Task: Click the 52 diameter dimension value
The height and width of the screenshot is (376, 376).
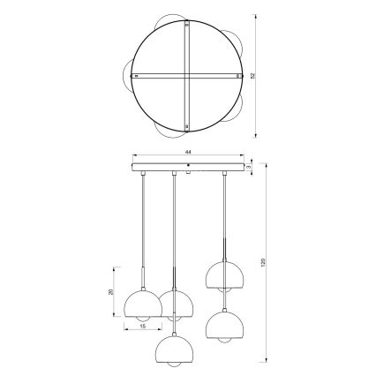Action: click(x=252, y=76)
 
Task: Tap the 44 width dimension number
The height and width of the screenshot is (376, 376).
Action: click(x=187, y=152)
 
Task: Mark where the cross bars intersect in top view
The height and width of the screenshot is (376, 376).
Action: click(x=187, y=77)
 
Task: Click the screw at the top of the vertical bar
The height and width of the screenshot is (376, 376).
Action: click(x=187, y=27)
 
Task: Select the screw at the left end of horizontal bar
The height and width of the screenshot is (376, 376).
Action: click(x=134, y=77)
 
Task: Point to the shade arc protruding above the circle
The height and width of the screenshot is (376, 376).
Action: click(x=168, y=19)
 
